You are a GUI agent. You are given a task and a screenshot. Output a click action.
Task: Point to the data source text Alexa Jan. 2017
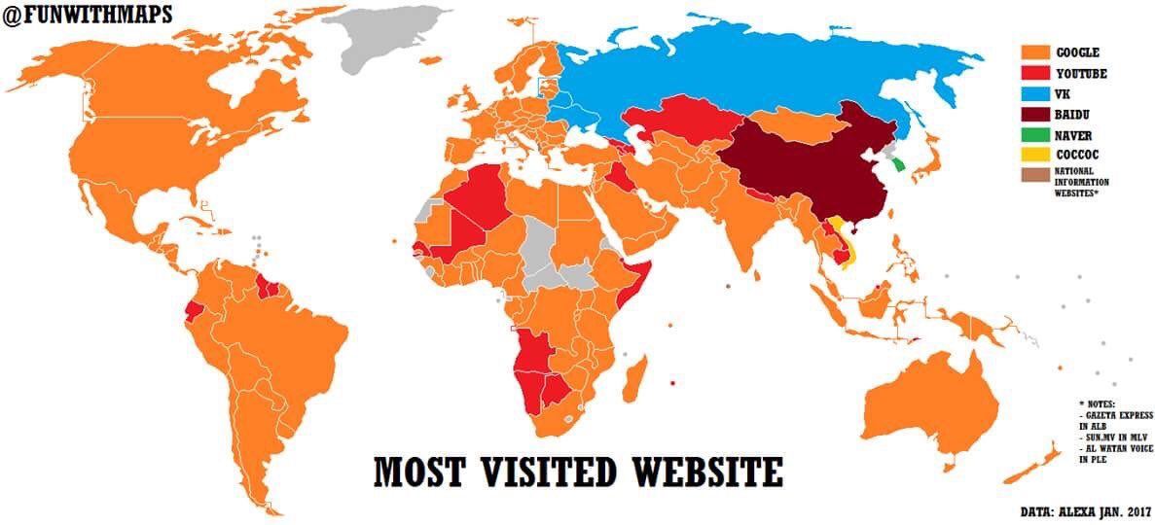1084,509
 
